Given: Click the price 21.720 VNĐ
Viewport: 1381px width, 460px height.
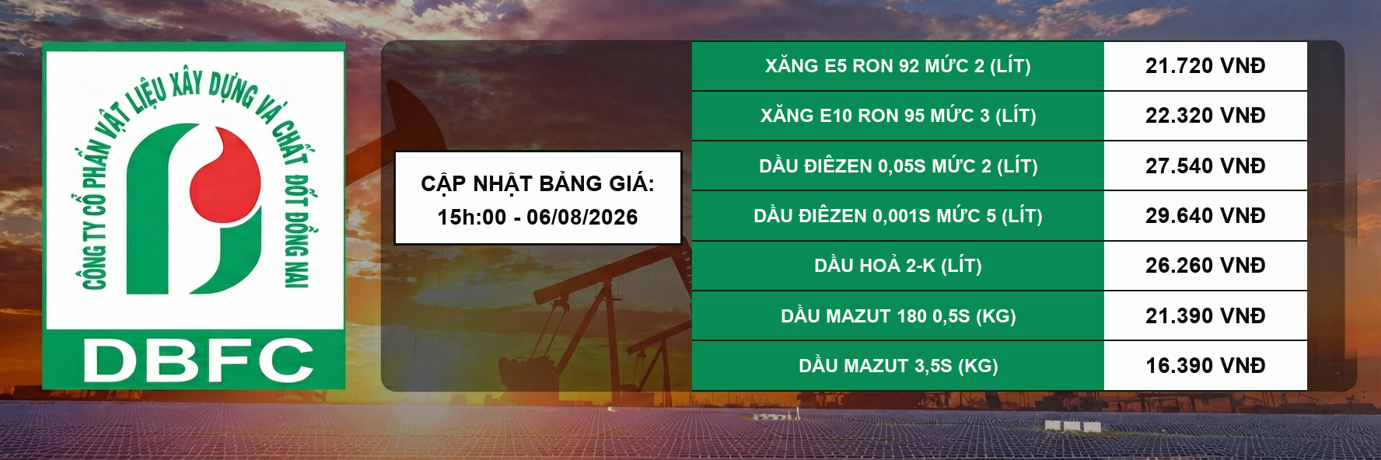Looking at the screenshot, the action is [x=1205, y=66].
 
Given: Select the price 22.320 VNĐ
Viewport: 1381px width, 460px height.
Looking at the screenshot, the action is [x=1205, y=116].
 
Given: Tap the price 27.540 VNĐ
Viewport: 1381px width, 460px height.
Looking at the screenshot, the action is [x=1205, y=166].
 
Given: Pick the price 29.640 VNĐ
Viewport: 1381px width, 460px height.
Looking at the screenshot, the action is [x=1205, y=216].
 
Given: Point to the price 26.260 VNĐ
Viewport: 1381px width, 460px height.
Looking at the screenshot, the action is [x=1205, y=266].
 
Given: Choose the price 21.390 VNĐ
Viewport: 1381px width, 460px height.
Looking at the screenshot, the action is [x=1205, y=316].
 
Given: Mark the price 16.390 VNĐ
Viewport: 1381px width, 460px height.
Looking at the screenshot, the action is [x=1205, y=366].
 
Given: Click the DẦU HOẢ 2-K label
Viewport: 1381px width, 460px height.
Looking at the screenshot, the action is [x=875, y=265].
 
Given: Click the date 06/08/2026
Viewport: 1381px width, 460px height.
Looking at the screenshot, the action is [x=582, y=217].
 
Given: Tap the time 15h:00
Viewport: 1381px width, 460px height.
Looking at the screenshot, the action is [x=472, y=217].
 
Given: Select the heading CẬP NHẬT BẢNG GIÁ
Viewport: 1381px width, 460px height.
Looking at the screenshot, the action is [x=537, y=183].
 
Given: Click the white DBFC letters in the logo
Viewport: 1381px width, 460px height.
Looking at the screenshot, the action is [x=198, y=361].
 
